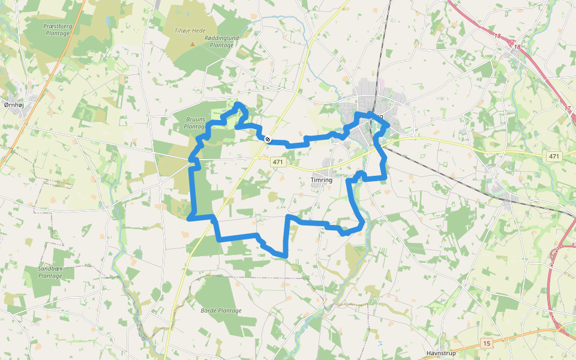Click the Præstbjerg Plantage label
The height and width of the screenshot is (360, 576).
58,29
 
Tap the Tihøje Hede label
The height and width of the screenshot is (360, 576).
190,30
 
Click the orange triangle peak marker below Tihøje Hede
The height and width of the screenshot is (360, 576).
193,44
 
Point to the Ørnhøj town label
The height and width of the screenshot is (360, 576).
14,104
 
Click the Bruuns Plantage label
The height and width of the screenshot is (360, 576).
196,123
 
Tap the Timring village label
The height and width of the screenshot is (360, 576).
322,179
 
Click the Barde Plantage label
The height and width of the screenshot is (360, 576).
221,311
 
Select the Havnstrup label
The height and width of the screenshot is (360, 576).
441,353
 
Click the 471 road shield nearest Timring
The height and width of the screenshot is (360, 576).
277,162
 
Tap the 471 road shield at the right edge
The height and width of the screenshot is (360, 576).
554,157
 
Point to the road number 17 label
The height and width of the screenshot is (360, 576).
567,109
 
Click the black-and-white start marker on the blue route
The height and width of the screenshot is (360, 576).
268,139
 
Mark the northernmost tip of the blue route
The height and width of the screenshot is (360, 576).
239,105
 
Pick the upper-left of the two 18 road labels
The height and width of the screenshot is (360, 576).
497,37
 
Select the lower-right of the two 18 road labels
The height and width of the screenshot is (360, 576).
517,46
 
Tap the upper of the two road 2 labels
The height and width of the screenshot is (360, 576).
557,250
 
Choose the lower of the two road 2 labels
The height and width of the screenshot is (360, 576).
552,264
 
